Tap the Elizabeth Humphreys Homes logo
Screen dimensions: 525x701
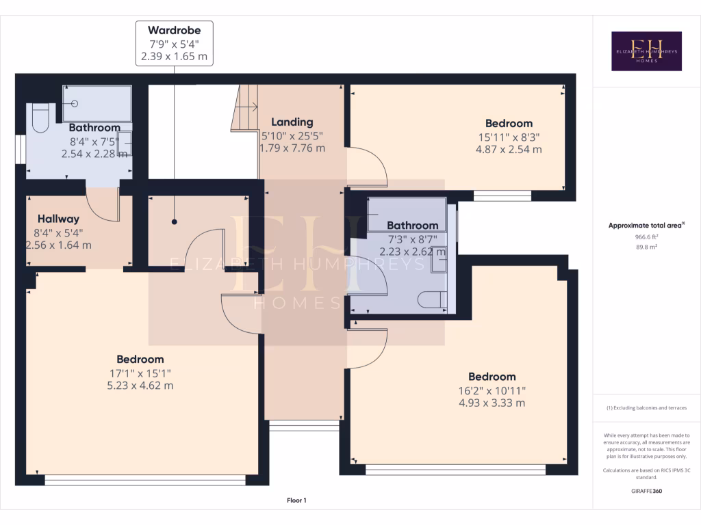click(x=646, y=51)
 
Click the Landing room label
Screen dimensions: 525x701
click(x=292, y=122)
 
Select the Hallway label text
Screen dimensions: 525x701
click(x=58, y=219)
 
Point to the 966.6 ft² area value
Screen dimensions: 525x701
click(x=647, y=237)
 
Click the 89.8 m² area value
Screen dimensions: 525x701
click(x=647, y=247)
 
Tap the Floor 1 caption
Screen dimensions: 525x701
click(x=296, y=501)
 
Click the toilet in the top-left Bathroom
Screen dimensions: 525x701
click(x=39, y=118)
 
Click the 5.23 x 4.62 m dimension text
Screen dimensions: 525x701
click(x=140, y=386)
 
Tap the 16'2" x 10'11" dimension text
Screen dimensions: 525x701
click(x=492, y=390)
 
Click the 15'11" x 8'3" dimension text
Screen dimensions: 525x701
click(x=509, y=137)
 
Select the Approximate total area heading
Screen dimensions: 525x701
click(x=646, y=226)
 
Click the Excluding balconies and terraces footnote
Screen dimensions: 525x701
click(x=646, y=408)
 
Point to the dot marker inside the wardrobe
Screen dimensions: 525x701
click(x=175, y=222)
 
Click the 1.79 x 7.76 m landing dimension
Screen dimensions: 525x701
click(x=292, y=148)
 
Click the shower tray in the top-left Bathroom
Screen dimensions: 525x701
click(x=97, y=103)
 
